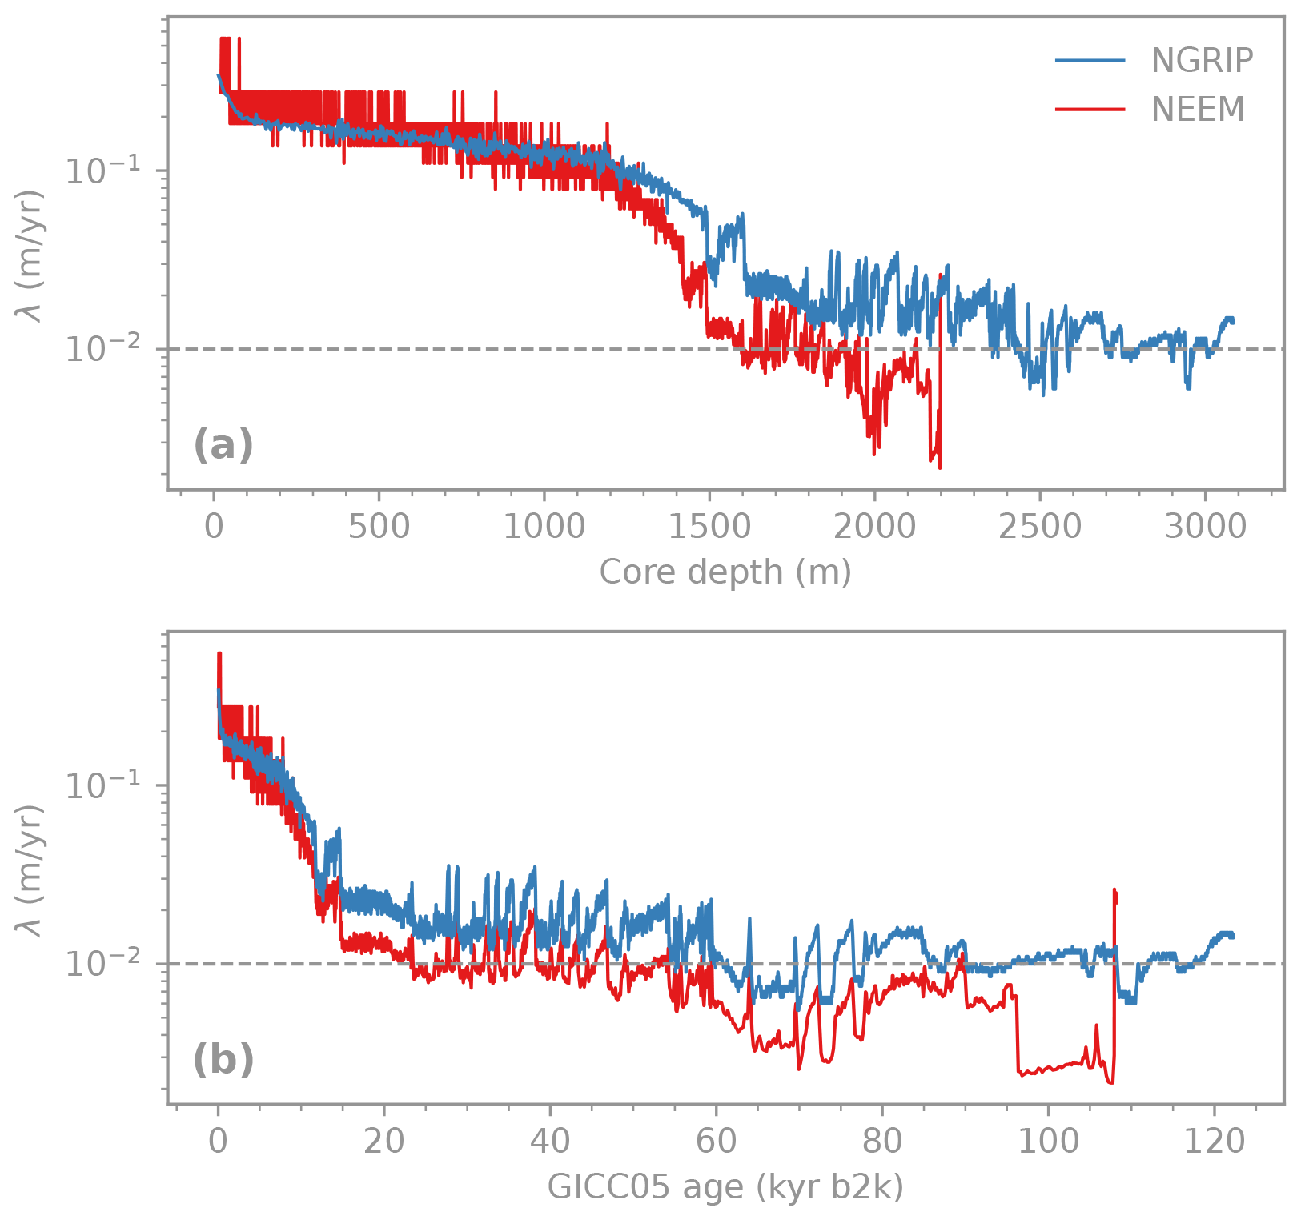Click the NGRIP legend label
click(1201, 61)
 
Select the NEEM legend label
click(1198, 110)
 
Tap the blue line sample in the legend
click(1090, 61)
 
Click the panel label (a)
click(223, 445)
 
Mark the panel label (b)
click(223, 1061)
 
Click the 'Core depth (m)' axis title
click(725, 572)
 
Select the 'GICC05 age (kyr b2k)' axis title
click(725, 1187)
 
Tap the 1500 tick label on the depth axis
click(709, 528)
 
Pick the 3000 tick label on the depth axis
click(1205, 528)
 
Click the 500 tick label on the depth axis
click(379, 528)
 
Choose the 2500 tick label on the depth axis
click(1040, 528)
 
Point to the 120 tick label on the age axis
click(1214, 1142)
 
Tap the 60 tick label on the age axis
click(716, 1142)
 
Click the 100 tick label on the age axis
click(1048, 1142)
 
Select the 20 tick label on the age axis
click(383, 1142)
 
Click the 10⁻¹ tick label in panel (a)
click(113, 171)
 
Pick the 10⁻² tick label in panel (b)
click(113, 963)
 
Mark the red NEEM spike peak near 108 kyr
click(1114, 890)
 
